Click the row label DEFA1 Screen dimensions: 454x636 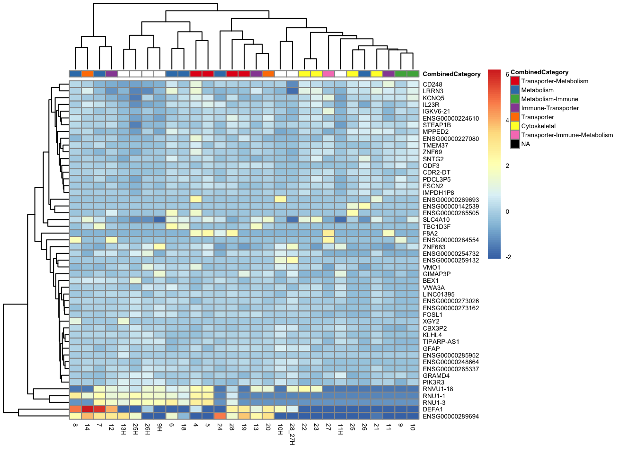pyautogui.click(x=433, y=410)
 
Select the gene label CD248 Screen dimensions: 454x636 pyautogui.click(x=433, y=85)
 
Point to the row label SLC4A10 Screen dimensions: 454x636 pyautogui.click(x=436, y=220)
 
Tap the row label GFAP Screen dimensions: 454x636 pyautogui.click(x=431, y=349)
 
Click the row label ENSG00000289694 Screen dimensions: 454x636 pyautogui.click(x=451, y=416)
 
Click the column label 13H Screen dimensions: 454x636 pyautogui.click(x=124, y=428)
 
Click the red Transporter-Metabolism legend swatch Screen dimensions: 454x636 pyautogui.click(x=515, y=81)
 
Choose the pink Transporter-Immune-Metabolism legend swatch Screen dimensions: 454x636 pyautogui.click(x=515, y=135)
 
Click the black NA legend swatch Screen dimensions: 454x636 pyautogui.click(x=515, y=144)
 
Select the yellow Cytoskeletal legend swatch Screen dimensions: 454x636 pyautogui.click(x=515, y=126)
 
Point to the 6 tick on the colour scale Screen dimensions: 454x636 pyautogui.click(x=507, y=75)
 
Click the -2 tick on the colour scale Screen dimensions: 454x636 pyautogui.click(x=508, y=257)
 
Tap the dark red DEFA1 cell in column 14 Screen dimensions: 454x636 pyautogui.click(x=87, y=409)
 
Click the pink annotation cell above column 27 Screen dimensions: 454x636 pyautogui.click(x=328, y=74)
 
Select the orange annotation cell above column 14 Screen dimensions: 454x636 pyautogui.click(x=87, y=74)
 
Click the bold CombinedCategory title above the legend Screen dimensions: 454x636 pyautogui.click(x=539, y=72)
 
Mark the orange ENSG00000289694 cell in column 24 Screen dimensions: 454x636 pyautogui.click(x=220, y=416)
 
